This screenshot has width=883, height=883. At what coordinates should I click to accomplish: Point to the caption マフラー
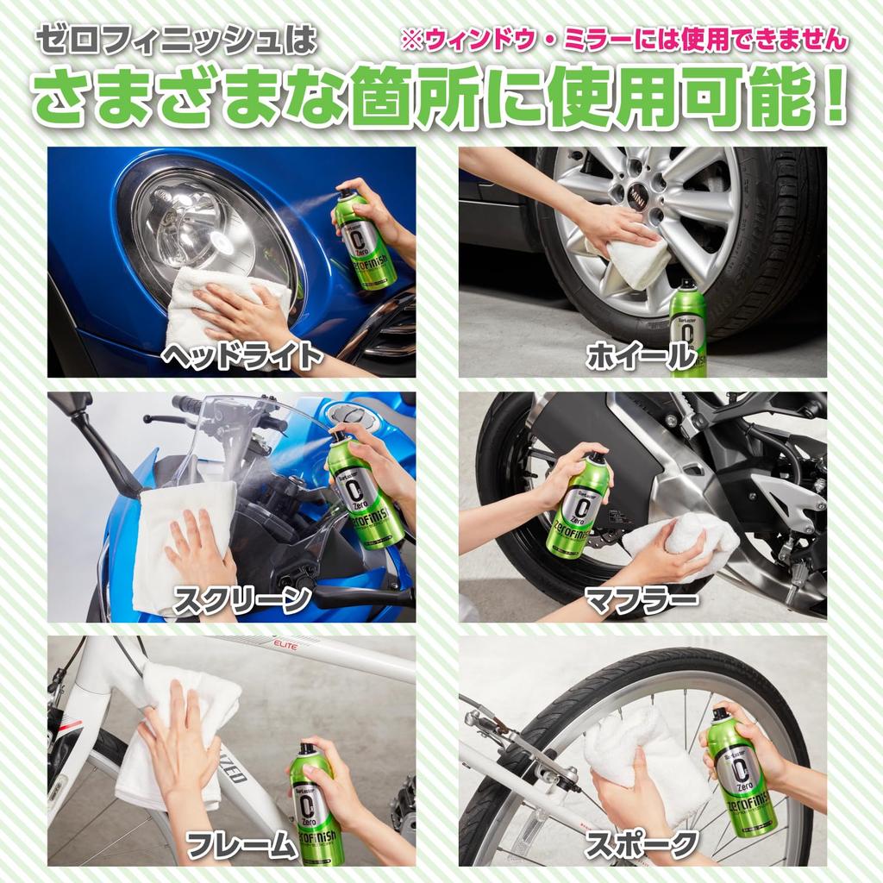click(641, 600)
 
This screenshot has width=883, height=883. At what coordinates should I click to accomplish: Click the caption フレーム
click(241, 846)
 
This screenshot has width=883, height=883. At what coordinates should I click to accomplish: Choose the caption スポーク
click(641, 845)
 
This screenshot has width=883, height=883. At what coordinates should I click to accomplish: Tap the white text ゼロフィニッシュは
click(176, 40)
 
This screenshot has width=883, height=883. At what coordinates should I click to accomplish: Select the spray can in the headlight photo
click(365, 241)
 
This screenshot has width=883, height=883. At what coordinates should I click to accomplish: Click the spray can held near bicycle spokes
click(740, 772)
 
